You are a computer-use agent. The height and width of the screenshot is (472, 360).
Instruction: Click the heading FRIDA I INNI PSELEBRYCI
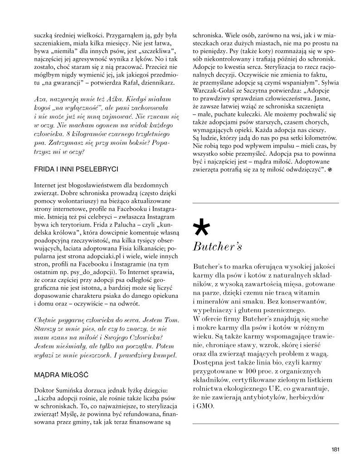pos(76,169)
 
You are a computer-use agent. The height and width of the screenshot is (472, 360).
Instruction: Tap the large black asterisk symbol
pos(201,227)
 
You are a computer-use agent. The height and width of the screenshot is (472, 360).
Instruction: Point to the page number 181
pos(335,450)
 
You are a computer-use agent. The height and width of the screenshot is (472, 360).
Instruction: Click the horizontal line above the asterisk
pos(266,202)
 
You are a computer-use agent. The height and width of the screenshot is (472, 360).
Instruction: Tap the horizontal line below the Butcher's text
pos(266,423)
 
